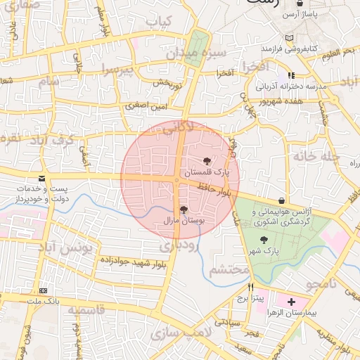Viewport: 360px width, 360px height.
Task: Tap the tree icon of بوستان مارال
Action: tap(184, 210)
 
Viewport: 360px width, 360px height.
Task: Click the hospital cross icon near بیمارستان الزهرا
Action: tap(292, 302)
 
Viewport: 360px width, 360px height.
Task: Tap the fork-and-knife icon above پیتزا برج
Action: tap(250, 288)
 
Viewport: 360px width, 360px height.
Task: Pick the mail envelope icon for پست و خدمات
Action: tap(42, 179)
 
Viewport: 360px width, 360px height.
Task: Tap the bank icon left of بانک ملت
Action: tap(44, 290)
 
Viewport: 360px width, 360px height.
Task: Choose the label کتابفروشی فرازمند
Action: tap(288, 49)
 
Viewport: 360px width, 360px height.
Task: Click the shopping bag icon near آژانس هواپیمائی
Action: tap(282, 200)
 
